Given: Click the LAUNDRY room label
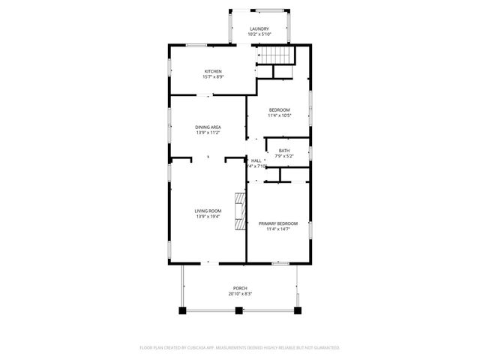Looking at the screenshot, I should coord(259,28).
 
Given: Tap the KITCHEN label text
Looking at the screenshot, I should coord(213,71).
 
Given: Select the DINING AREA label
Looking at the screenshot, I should coord(208,127).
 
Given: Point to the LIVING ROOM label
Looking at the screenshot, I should coord(208,211).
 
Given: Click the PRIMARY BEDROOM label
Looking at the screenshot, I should coord(277,223).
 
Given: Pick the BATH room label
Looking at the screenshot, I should coord(284,151).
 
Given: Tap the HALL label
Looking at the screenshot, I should coord(256,160).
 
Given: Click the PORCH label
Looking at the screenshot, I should coord(240,289).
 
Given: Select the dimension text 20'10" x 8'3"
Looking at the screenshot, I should coord(240,294).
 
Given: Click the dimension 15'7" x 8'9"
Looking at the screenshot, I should coord(213,76).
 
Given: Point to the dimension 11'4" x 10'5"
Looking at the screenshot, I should coord(279,115).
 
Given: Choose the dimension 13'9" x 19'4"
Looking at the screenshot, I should coord(208,217).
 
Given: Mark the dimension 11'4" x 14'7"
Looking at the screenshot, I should coord(277,229).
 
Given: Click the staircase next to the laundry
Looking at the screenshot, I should coord(275,55).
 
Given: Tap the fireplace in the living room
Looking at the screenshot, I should coord(239,211).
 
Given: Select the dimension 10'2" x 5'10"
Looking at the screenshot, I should coord(259,34).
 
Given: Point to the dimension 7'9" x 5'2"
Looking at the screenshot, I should coord(284,156).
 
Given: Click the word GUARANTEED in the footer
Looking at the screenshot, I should coord(325,348).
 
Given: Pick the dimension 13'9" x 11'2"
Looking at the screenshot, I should coord(208,133).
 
